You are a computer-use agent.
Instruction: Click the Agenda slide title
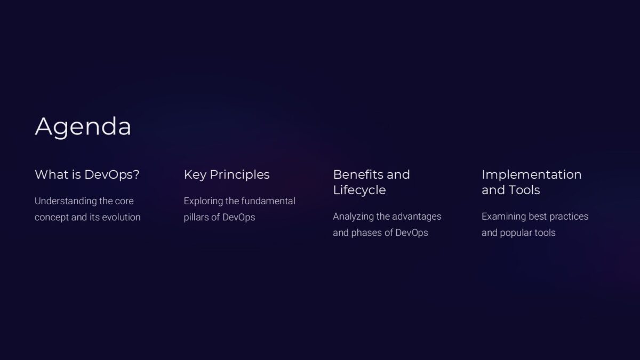click(x=83, y=127)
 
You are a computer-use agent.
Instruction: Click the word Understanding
click(x=66, y=201)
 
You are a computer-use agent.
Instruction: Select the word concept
click(x=52, y=217)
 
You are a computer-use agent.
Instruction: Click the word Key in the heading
click(x=195, y=174)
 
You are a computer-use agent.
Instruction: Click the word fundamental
click(x=268, y=201)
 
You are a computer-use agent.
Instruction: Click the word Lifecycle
click(x=359, y=190)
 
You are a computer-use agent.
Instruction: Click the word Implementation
click(x=531, y=174)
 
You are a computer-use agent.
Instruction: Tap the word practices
click(x=568, y=217)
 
